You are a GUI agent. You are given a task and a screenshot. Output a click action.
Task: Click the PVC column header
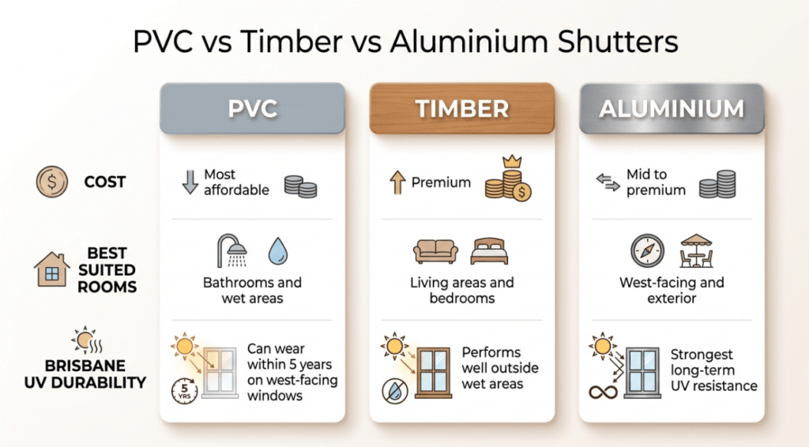252,108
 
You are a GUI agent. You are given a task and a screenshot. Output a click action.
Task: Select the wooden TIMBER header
462,108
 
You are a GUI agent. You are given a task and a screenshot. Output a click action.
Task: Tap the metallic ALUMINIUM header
672,108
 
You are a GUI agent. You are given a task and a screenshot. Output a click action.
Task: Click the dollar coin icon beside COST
52,182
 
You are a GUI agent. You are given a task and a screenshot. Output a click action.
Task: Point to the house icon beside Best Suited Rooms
51,269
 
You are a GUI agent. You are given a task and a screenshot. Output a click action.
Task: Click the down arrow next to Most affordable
190,182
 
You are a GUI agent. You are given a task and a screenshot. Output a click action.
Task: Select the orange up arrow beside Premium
397,182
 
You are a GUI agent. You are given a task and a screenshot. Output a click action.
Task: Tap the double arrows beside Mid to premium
608,182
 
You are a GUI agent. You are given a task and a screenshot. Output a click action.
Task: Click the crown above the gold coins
512,161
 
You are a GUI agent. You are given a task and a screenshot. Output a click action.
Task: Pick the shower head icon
231,250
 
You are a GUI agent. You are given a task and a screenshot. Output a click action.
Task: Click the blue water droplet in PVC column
277,251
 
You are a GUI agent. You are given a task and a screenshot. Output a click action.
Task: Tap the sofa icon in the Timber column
435,251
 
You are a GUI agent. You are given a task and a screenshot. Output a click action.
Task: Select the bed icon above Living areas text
489,251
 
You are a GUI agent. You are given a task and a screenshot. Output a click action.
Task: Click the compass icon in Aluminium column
648,251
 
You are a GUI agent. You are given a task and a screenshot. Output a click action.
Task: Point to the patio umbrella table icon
696,250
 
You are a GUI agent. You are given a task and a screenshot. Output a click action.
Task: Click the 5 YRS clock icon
184,391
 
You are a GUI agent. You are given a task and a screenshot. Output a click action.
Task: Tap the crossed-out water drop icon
395,391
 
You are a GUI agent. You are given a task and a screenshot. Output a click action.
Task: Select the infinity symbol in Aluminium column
603,393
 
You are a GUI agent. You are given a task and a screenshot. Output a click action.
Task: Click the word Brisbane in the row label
85,366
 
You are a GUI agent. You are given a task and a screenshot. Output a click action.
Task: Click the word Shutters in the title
618,42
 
